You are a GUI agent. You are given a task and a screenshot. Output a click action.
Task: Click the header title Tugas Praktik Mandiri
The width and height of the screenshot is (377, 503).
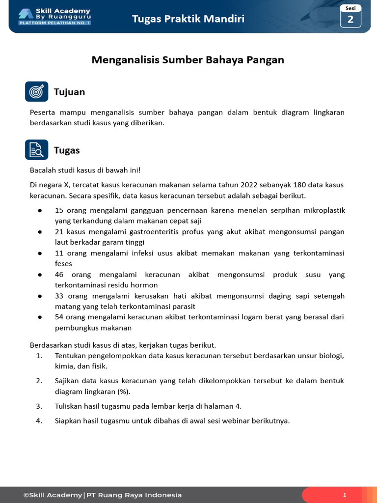click(188, 19)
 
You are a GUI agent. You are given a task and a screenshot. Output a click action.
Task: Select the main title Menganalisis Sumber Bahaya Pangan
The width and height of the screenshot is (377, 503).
click(188, 60)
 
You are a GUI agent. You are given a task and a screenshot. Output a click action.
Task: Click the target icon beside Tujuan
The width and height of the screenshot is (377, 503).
click(37, 91)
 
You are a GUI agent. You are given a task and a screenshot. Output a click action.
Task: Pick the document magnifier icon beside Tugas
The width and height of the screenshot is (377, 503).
click(37, 150)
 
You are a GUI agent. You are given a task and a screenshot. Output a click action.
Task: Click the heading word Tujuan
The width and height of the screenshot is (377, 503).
click(69, 92)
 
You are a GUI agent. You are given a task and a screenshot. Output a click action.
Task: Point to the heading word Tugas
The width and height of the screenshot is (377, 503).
click(67, 150)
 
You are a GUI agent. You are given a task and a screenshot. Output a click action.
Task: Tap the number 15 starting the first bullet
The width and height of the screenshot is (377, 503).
click(59, 210)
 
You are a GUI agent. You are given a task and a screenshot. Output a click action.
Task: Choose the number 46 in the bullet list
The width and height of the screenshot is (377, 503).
click(59, 275)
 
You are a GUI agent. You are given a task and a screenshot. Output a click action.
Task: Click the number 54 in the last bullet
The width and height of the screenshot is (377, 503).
click(59, 317)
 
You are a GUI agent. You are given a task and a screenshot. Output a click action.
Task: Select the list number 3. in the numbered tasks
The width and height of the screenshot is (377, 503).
click(39, 406)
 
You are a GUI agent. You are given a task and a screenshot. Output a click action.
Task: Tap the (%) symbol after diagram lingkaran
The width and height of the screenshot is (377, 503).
click(123, 391)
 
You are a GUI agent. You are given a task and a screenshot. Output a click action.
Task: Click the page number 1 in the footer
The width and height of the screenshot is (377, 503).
click(345, 495)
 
